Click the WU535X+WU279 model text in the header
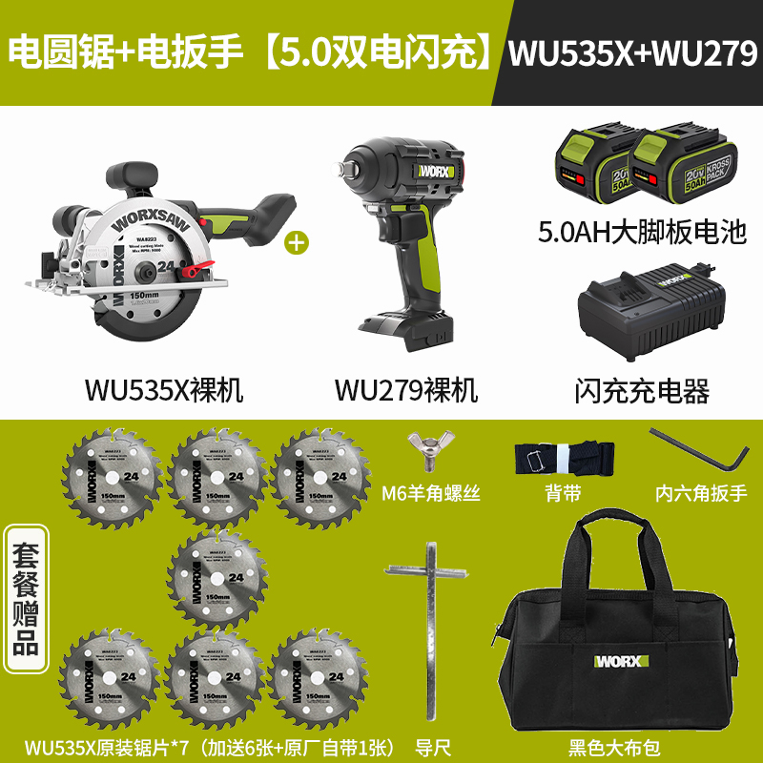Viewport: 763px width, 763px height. (x=632, y=52)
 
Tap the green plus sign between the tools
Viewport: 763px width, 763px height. (x=299, y=242)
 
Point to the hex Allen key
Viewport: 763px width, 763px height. (x=697, y=451)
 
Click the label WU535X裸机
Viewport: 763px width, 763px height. (x=164, y=390)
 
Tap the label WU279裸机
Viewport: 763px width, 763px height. (x=405, y=390)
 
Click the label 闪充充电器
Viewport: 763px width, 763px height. (x=642, y=390)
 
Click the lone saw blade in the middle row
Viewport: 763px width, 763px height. (x=220, y=572)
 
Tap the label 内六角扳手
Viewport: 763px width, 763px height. (x=701, y=494)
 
